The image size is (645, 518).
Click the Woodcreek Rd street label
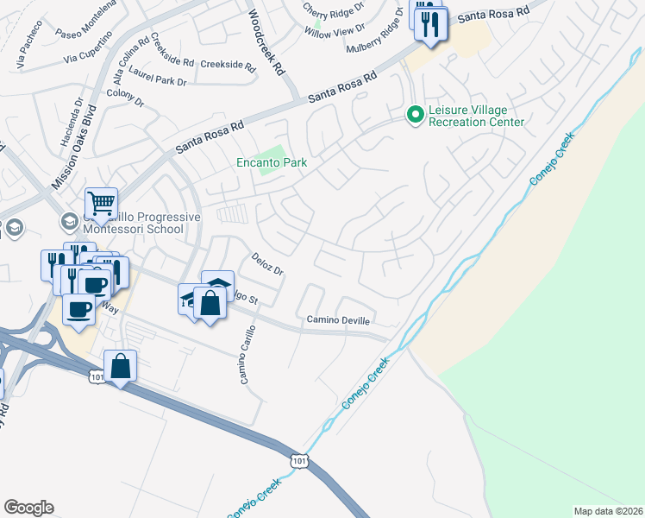[266, 44]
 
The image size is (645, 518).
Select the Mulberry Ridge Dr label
[376, 47]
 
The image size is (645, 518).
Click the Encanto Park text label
[272, 162]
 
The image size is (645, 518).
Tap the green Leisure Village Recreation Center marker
[415, 114]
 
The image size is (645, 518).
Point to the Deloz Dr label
[267, 264]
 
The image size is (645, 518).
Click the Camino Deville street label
[338, 319]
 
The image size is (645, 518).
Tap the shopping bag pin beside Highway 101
[121, 365]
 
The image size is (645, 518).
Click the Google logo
[28, 508]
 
